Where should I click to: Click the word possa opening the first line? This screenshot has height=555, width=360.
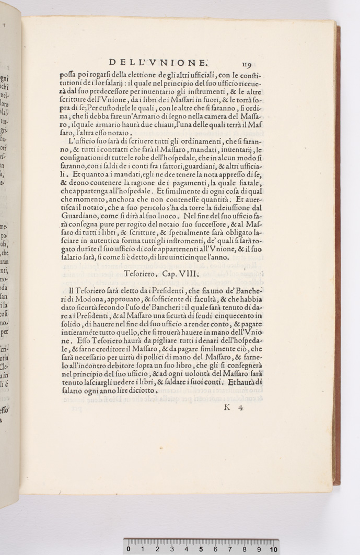[68, 75]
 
